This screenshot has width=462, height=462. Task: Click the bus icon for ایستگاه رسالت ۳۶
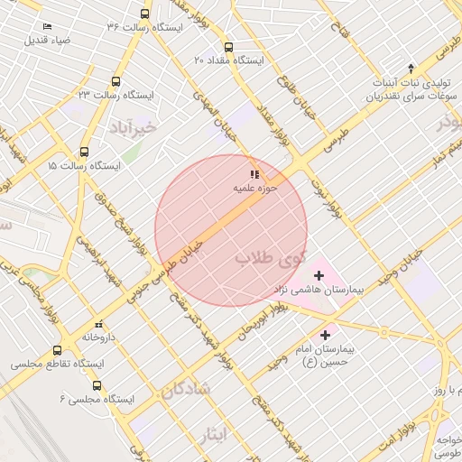[x=145, y=14]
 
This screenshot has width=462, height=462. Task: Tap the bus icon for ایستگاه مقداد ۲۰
[x=227, y=47]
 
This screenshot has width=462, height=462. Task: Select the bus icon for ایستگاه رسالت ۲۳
[x=115, y=81]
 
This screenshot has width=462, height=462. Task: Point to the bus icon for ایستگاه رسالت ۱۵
[x=85, y=152]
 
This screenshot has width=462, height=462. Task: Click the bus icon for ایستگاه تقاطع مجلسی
[x=58, y=350]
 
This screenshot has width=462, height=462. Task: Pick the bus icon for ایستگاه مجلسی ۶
[x=97, y=385]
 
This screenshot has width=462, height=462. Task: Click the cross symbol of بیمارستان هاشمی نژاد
[x=318, y=274]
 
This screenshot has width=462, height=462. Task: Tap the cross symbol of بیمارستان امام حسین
[x=326, y=335]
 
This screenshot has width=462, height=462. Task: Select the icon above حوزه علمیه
[x=254, y=173]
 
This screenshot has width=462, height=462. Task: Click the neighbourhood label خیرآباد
[x=134, y=127]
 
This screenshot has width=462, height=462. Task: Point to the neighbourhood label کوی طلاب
[x=271, y=258]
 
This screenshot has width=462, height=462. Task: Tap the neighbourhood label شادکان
[x=186, y=390]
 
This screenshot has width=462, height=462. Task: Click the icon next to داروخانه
[x=98, y=324]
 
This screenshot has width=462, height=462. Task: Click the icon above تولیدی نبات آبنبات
[x=411, y=68]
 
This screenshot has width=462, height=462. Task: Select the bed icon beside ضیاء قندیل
[x=47, y=27]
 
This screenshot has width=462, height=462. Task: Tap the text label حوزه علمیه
[x=255, y=189]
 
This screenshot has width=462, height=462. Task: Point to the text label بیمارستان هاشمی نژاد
[x=319, y=291]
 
